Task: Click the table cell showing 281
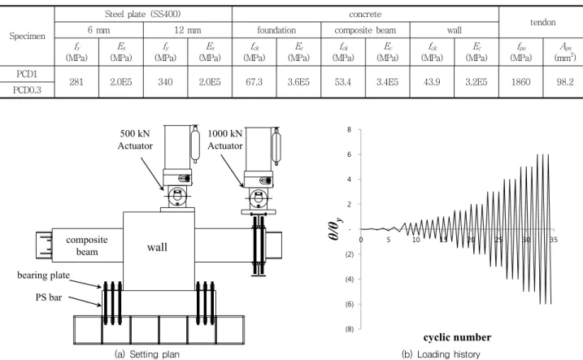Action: [76, 82]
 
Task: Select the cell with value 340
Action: [165, 82]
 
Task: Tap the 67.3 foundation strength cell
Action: [254, 82]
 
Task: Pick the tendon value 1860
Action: [520, 82]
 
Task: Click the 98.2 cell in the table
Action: [565, 82]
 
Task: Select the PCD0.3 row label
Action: [27, 90]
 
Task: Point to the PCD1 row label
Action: [27, 74]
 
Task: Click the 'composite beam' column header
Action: [365, 30]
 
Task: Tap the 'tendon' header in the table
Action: [543, 22]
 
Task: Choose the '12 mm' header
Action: [187, 30]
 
